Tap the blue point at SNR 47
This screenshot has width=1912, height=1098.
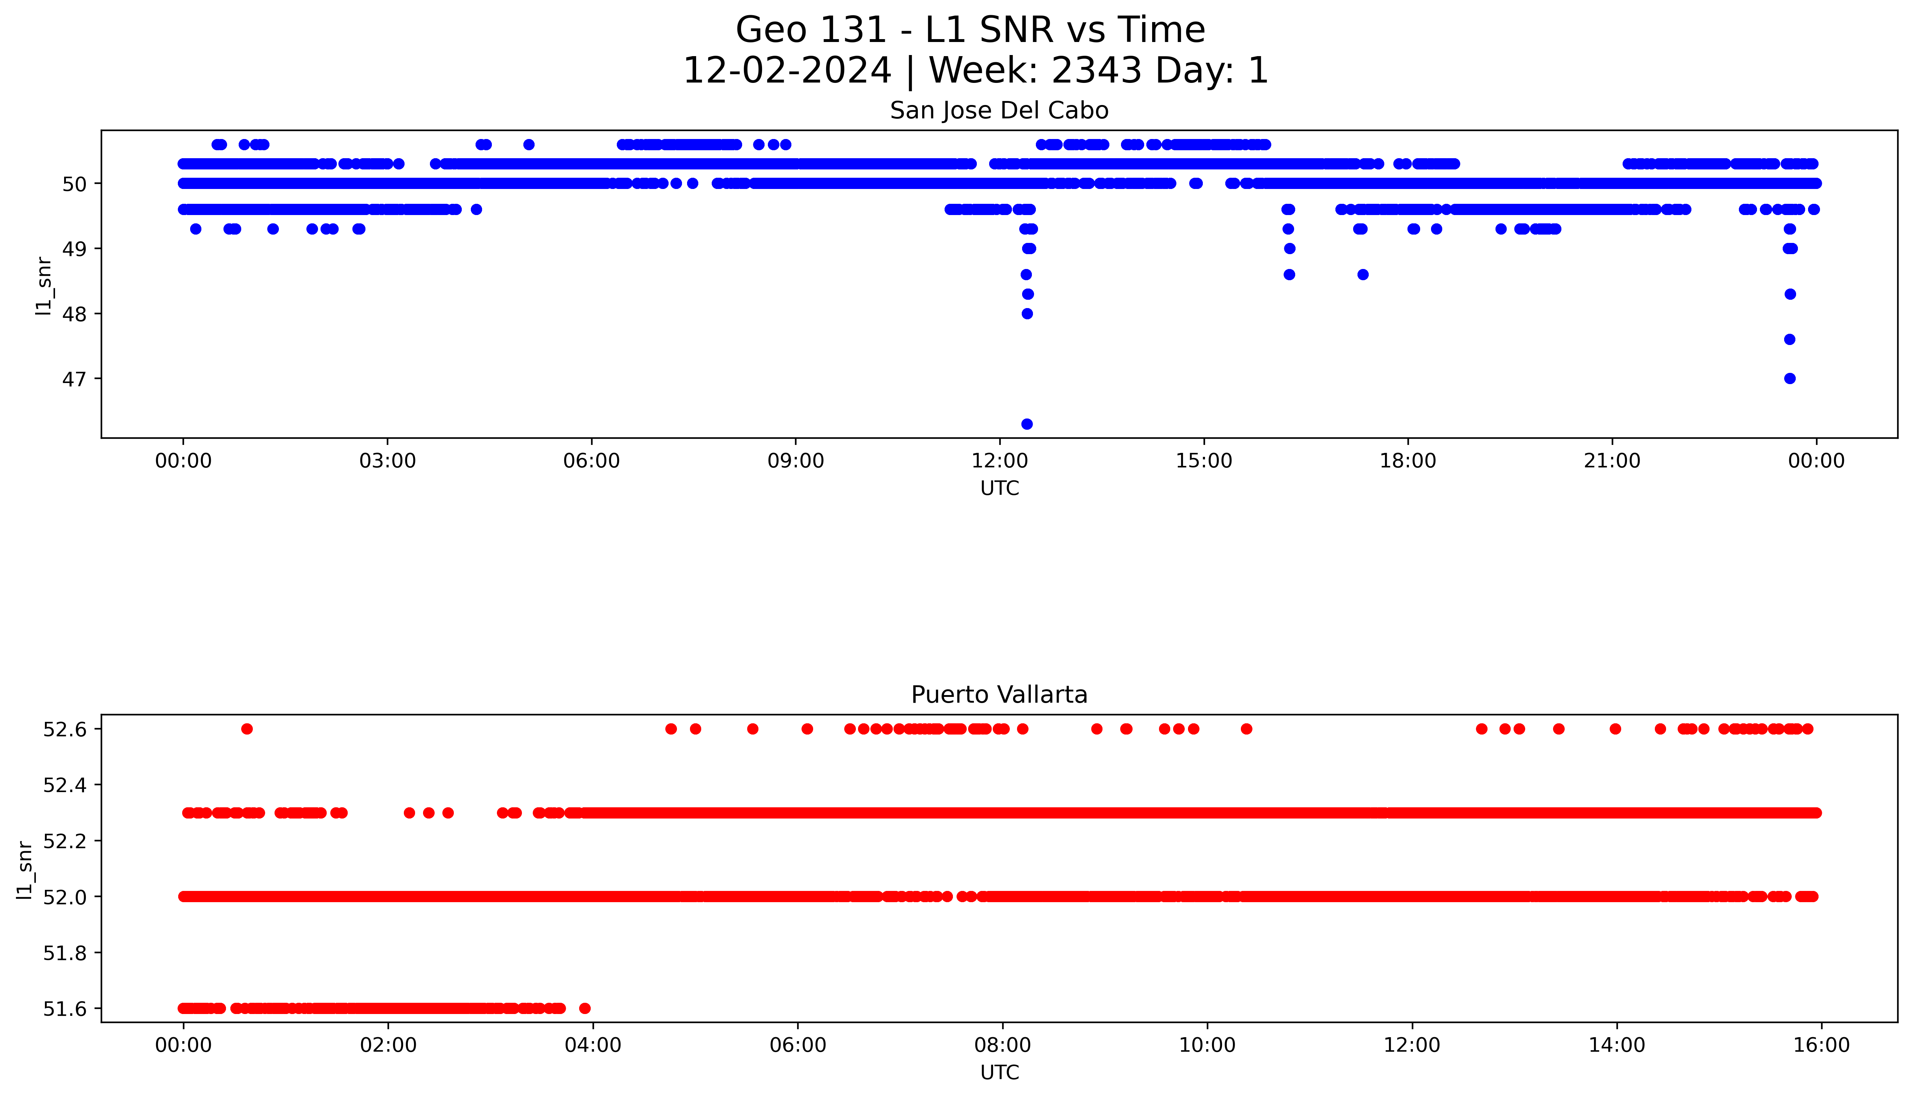pos(1790,379)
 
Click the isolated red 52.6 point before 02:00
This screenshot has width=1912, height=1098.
pos(247,729)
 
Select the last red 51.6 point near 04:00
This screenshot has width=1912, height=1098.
pos(585,1008)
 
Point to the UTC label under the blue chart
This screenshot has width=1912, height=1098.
pos(999,489)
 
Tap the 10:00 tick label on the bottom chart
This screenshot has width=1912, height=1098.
pos(1207,1046)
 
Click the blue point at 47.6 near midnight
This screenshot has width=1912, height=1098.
pos(1790,339)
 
